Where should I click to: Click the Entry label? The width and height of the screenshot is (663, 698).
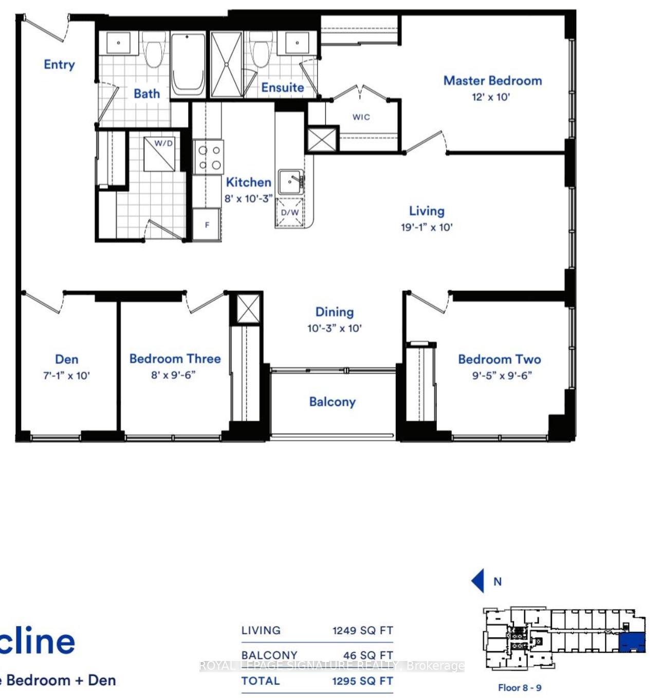pos(59,64)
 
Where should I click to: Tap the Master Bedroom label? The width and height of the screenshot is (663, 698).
pos(492,81)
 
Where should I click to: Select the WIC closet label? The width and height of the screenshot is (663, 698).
pos(361,117)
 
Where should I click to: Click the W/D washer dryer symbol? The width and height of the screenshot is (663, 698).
pos(160,154)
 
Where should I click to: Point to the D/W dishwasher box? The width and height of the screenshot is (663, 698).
pos(290,212)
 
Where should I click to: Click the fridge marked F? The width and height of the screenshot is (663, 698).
pos(207,225)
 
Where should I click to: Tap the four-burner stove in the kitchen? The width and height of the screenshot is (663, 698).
pos(209,157)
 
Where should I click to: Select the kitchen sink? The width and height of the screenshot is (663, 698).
pos(290,182)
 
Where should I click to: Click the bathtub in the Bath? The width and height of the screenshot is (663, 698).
pos(188,64)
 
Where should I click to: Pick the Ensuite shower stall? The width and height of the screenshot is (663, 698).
pos(227,64)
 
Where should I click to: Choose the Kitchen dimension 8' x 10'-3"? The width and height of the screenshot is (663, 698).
pos(248,198)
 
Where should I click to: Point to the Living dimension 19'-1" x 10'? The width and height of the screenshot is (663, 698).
pos(427,227)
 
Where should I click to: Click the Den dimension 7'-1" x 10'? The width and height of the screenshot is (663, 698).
pos(66,376)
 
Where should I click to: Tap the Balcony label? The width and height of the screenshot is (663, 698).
pos(332,401)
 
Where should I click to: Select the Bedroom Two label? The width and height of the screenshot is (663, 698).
pos(499,359)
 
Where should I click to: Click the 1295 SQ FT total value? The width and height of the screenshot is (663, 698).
pos(362,681)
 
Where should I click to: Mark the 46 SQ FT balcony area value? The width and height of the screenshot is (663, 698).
pos(367,655)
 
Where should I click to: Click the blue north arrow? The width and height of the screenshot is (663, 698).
pos(478,581)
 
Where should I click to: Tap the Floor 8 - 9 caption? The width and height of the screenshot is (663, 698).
pos(519,688)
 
